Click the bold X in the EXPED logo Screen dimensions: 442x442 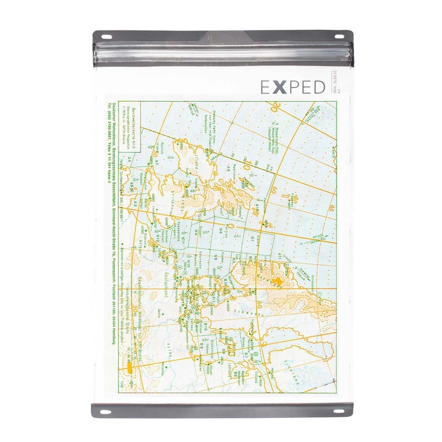coord(280,87)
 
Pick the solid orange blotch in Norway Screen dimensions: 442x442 coord(277,281)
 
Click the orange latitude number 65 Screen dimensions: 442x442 coord(333,209)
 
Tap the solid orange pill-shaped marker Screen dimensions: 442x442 coord(129,368)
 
